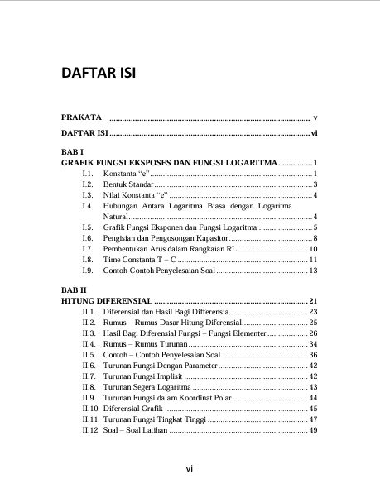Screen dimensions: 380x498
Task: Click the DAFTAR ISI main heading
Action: [x=98, y=74]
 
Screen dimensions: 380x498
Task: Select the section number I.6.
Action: [x=87, y=237]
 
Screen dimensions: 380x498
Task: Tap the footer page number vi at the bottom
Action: [x=190, y=469]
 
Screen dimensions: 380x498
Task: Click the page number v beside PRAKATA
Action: [x=315, y=117]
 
